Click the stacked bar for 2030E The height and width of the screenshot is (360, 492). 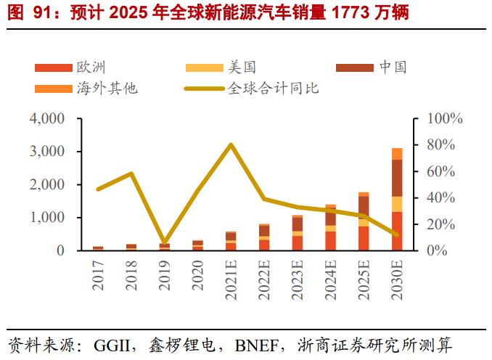point(397,200)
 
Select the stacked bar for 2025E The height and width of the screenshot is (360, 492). point(364,221)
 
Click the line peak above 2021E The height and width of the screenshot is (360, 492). point(231,144)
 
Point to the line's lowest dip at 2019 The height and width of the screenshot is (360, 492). point(165,242)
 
